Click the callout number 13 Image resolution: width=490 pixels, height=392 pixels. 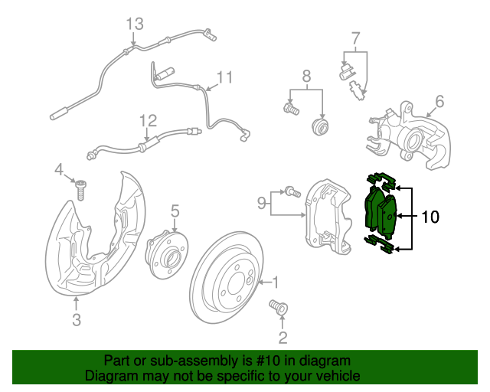pyautogui.click(x=135, y=24)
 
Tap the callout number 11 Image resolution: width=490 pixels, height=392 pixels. pyautogui.click(x=224, y=77)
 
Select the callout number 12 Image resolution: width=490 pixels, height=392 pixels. pyautogui.click(x=148, y=120)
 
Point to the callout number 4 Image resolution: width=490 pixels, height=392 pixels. pyautogui.click(x=58, y=168)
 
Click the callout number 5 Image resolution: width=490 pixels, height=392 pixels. pyautogui.click(x=175, y=210)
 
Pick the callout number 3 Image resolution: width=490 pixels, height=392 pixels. pyautogui.click(x=77, y=320)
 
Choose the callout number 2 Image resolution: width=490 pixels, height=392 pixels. pyautogui.click(x=283, y=338)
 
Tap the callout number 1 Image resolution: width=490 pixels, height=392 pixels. pyautogui.click(x=275, y=283)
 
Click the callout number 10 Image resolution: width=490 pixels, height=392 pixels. pyautogui.click(x=430, y=217)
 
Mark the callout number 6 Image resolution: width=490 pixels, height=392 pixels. pyautogui.click(x=439, y=101)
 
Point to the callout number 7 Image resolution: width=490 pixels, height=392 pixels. pyautogui.click(x=355, y=38)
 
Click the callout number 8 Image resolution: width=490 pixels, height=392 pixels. pyautogui.click(x=306, y=76)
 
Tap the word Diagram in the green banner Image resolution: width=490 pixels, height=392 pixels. pyautogui.click(x=110, y=376)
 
